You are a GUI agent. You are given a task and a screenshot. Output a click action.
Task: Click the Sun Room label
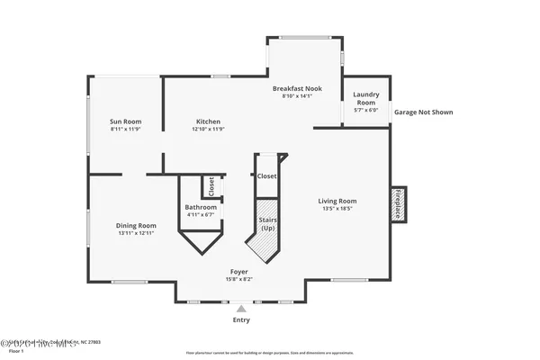[x=125, y=121]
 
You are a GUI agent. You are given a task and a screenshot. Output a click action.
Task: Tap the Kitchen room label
[x=208, y=121]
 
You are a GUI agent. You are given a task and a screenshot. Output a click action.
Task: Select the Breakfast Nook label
[x=296, y=89]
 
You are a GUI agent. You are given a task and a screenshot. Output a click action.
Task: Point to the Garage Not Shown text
[x=423, y=112]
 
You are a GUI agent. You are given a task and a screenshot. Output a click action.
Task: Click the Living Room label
[x=337, y=201]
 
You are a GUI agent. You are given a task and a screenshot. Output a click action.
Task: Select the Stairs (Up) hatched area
[x=266, y=225]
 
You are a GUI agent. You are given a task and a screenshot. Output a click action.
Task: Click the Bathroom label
[x=201, y=207]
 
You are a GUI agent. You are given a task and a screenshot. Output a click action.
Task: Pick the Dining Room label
[x=136, y=225]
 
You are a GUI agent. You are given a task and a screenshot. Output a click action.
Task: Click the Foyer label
[x=238, y=271]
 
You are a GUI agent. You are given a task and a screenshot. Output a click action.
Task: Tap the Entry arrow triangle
[x=240, y=308]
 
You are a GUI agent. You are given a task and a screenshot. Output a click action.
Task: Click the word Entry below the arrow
[x=241, y=319]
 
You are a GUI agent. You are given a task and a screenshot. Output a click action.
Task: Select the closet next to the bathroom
[x=211, y=186]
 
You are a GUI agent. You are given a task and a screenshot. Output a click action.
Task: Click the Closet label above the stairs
[x=266, y=176]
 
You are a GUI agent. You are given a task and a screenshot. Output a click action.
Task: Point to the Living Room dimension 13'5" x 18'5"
[x=337, y=209]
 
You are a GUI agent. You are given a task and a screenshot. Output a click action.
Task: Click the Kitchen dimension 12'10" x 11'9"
[x=208, y=130]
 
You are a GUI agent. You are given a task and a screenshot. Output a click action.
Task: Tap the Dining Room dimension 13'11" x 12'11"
[x=136, y=233]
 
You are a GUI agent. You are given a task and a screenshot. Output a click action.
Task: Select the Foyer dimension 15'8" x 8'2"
[x=238, y=279]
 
